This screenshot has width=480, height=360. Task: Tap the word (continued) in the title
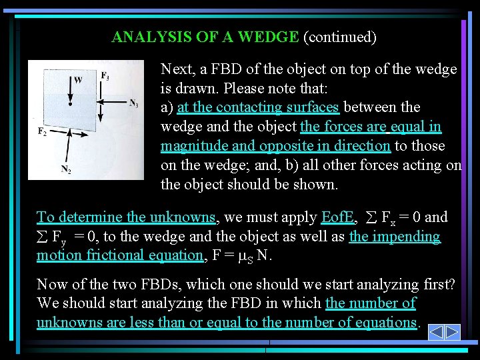click(340, 37)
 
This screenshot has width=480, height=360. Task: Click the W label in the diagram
click(78, 81)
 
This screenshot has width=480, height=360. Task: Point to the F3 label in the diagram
click(105, 76)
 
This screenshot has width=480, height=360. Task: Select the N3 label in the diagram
click(133, 103)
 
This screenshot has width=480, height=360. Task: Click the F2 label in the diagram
click(41, 131)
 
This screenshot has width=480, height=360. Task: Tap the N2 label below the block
click(66, 170)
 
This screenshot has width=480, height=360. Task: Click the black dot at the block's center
click(69, 104)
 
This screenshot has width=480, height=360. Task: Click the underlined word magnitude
click(194, 145)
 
